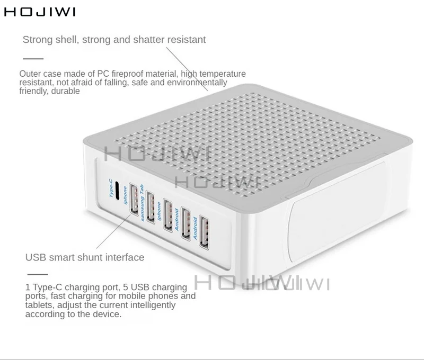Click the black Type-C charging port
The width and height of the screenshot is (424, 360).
point(118,192)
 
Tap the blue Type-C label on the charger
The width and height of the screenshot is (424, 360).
point(111,188)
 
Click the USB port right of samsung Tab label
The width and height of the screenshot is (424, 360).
point(151,204)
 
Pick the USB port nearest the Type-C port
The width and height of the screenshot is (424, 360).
point(133,198)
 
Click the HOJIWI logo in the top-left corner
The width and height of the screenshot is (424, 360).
point(40,12)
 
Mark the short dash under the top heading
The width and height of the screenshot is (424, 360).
point(33,58)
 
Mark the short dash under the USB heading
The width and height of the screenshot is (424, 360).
point(37,274)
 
